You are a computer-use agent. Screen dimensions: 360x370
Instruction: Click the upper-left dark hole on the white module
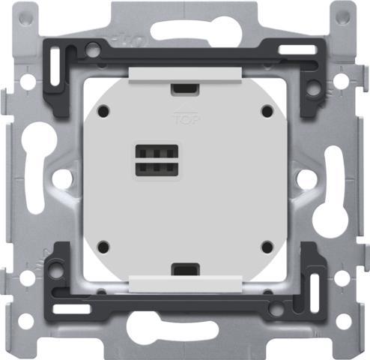pyautogui.click(x=103, y=110)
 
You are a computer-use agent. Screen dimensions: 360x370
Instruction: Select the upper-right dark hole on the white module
pyautogui.click(x=265, y=110)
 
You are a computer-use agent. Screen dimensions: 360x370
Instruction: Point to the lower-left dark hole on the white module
pyautogui.click(x=103, y=246)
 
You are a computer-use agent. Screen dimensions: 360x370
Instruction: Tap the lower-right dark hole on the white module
pyautogui.click(x=265, y=246)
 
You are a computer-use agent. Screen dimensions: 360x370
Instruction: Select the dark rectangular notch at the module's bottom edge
pyautogui.click(x=184, y=268)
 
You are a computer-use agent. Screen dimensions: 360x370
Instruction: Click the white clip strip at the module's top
pyautogui.click(x=184, y=73)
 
